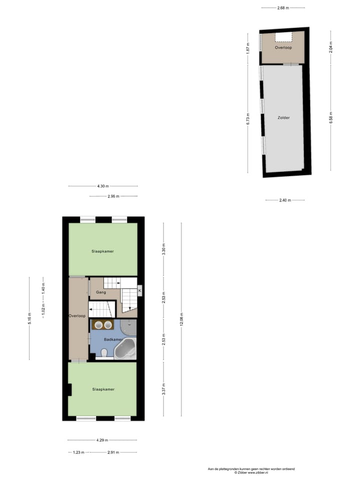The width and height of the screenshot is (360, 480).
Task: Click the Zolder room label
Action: (283, 118)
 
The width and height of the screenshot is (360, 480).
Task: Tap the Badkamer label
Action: (113, 339)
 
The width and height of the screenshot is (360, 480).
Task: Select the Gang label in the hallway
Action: (101, 291)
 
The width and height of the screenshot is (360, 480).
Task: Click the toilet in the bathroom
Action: (104, 353)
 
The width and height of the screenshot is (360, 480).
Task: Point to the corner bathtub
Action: (125, 349)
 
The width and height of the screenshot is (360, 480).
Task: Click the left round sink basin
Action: (98, 325)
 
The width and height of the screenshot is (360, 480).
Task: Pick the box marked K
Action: (140, 290)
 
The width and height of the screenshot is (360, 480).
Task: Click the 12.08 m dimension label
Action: (181, 319)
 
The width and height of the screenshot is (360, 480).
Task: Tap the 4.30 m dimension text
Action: (103, 186)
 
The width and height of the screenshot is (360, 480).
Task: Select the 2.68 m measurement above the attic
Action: (283, 7)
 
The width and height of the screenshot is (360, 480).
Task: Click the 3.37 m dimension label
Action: (163, 389)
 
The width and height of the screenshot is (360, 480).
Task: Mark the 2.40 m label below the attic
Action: (285, 200)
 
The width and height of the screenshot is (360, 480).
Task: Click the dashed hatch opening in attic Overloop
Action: (283, 36)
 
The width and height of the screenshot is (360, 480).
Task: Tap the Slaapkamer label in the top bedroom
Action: (102, 251)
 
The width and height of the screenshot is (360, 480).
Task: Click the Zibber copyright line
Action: (251, 472)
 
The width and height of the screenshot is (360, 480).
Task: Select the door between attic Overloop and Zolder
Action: (290, 64)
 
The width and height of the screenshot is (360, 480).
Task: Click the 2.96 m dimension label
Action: (113, 196)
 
